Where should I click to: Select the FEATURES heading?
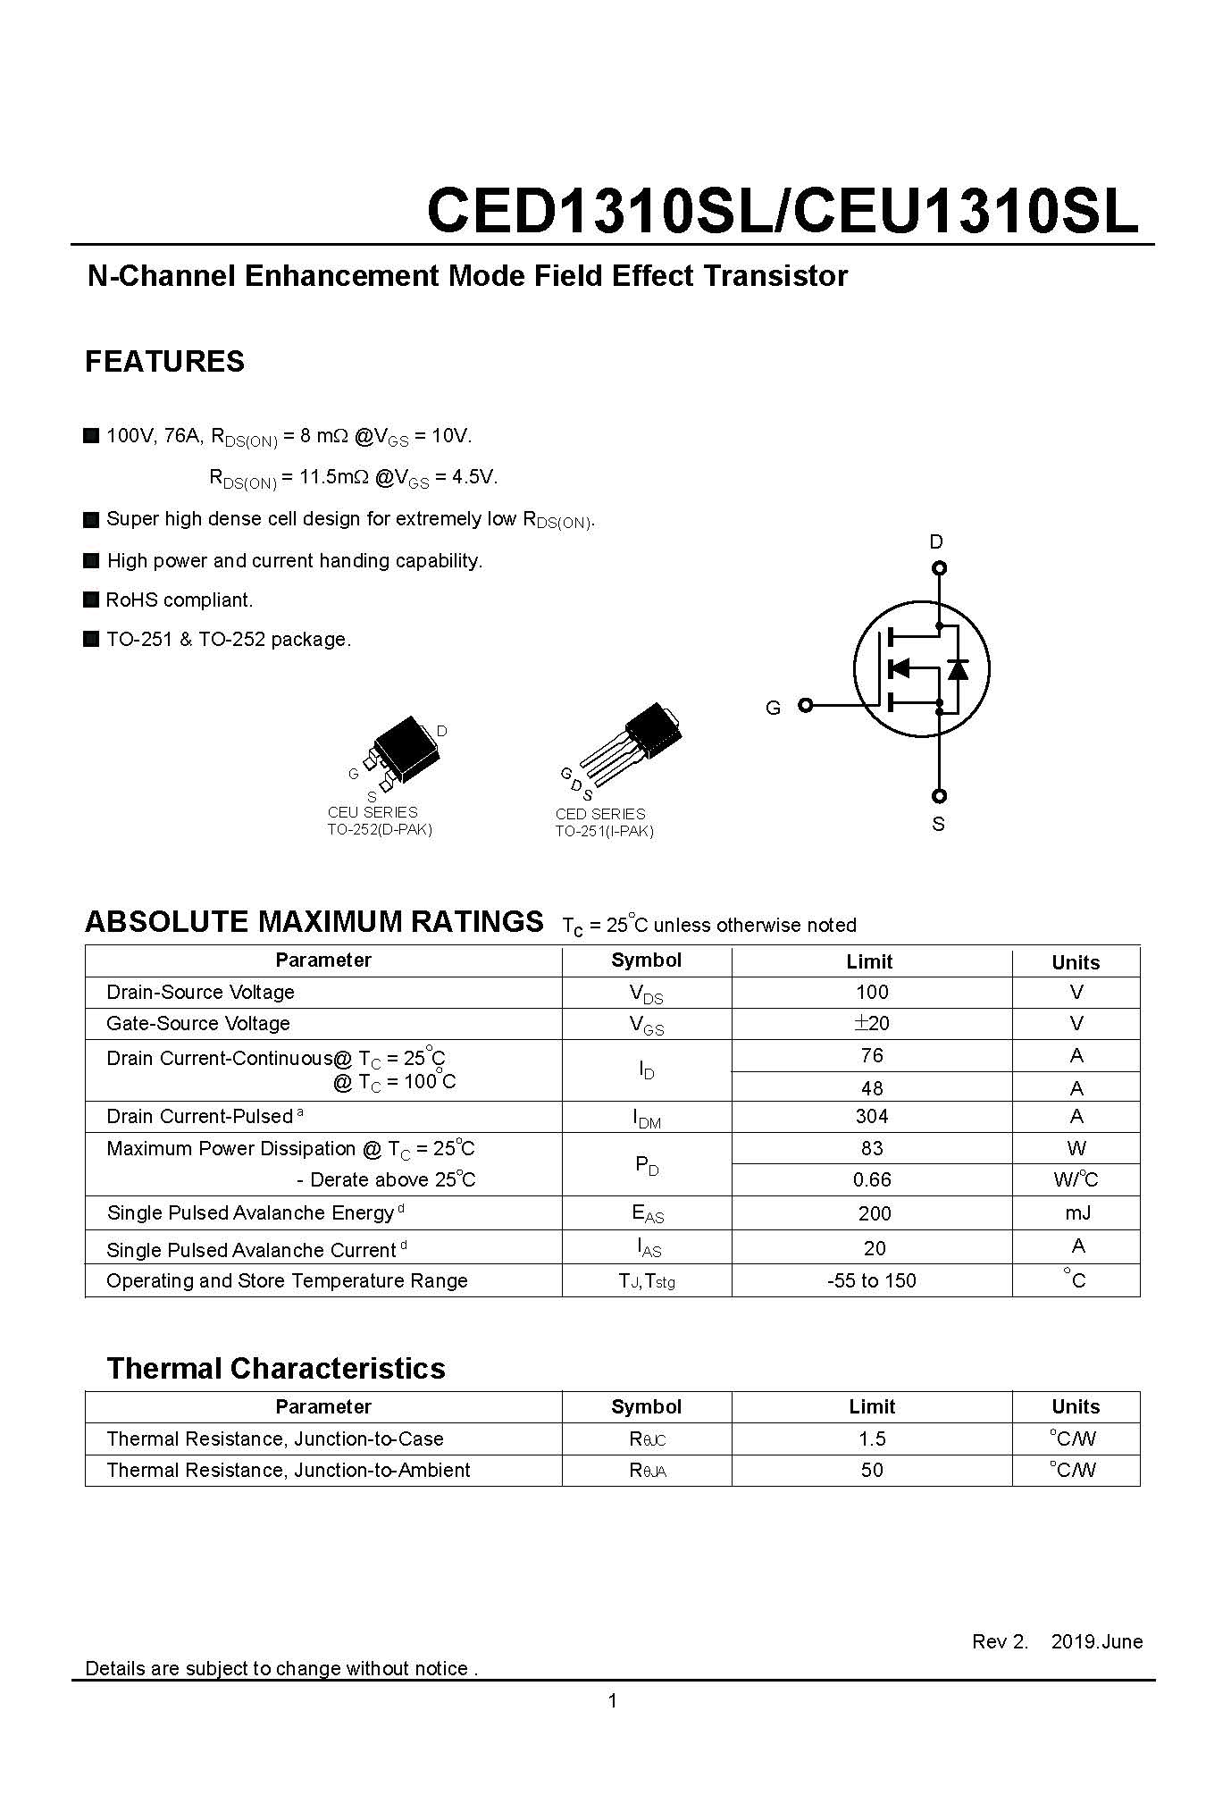coord(164,362)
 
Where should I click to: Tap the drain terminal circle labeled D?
coord(939,568)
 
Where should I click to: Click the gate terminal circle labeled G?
coord(805,705)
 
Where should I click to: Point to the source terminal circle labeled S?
coord(939,796)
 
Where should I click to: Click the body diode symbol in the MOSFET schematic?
coord(958,668)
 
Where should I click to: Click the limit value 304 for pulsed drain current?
coord(872,1117)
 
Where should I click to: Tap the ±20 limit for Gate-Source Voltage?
coord(872,1024)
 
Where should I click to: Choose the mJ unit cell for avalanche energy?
coord(1076,1213)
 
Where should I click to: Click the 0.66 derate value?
coord(872,1180)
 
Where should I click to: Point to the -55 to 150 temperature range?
coord(872,1281)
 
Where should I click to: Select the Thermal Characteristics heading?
coord(276,1369)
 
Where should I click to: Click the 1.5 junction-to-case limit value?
coord(872,1439)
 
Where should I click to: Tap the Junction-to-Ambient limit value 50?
coord(872,1471)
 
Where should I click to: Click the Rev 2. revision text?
coord(1000,1642)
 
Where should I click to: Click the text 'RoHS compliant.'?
coord(180,600)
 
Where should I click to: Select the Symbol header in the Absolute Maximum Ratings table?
coord(646,960)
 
